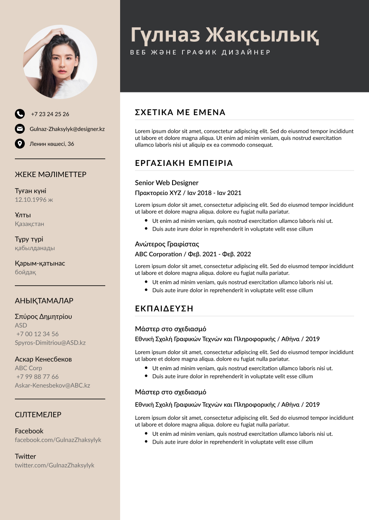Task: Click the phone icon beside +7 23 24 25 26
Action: click(x=19, y=114)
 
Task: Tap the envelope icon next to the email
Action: click(x=19, y=129)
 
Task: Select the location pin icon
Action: click(x=19, y=144)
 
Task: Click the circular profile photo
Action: click(x=60, y=62)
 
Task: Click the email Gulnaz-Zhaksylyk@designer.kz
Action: click(x=67, y=129)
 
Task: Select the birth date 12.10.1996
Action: click(x=34, y=200)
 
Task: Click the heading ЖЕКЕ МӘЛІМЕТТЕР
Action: click(x=51, y=175)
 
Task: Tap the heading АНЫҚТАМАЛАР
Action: click(x=44, y=301)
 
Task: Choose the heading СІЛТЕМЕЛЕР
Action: click(x=38, y=415)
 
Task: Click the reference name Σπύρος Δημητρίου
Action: click(x=43, y=317)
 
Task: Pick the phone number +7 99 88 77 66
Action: click(x=38, y=377)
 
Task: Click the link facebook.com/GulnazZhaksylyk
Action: click(x=58, y=440)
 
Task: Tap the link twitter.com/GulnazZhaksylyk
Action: click(x=54, y=465)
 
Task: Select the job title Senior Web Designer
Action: click(x=167, y=183)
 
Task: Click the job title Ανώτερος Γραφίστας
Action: click(x=167, y=244)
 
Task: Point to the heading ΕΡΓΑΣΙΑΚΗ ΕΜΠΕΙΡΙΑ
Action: click(x=184, y=163)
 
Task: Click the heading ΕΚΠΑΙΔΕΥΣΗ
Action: click(x=164, y=309)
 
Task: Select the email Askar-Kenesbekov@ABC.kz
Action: click(x=52, y=385)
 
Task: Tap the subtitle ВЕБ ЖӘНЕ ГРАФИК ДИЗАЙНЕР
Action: click(x=201, y=52)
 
